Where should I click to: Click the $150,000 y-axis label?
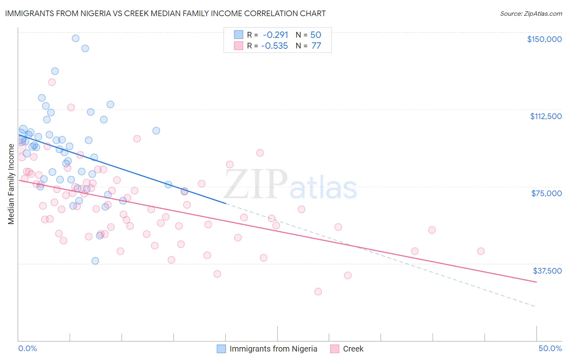click(x=544, y=39)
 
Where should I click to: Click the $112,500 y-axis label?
click(x=546, y=116)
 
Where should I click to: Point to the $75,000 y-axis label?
click(x=546, y=193)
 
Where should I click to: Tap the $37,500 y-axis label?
click(x=547, y=271)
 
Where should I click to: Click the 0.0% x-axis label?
click(x=27, y=348)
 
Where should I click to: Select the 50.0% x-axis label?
click(x=550, y=348)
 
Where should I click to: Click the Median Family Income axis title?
click(x=11, y=184)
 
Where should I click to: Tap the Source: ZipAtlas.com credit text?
click(x=531, y=14)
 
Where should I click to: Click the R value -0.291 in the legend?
click(x=275, y=35)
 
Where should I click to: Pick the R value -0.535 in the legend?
click(x=274, y=46)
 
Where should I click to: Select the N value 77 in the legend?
click(x=316, y=46)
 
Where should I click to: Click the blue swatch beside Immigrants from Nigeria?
click(x=221, y=349)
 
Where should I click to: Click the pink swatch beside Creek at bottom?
click(x=334, y=349)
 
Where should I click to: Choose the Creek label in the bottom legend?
click(x=353, y=349)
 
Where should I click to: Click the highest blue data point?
click(x=75, y=38)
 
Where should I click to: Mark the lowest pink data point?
click(x=318, y=291)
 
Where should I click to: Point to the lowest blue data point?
click(x=95, y=261)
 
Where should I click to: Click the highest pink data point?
click(x=52, y=82)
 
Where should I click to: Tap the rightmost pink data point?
click(x=480, y=251)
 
